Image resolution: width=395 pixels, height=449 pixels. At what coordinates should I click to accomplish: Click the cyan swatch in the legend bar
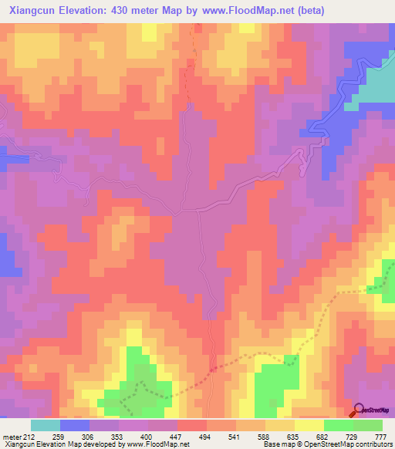coord(46,425)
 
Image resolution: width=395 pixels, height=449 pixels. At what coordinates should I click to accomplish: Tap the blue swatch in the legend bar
coord(75,425)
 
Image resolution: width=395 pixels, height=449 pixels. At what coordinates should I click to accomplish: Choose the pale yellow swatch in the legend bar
coord(309,425)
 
